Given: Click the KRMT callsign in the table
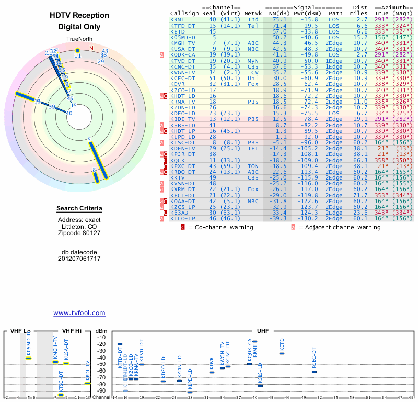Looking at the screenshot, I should [177, 19].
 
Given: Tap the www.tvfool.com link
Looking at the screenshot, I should [79, 313].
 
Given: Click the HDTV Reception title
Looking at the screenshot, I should [79, 15].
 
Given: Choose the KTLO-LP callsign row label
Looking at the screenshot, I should [182, 218].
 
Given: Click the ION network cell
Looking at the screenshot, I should [253, 166].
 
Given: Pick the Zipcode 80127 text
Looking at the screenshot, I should [79, 233].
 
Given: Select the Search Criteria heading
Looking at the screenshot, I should [79, 209].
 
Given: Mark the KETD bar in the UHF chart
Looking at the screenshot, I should [282, 353].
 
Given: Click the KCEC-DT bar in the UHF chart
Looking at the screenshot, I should [314, 372].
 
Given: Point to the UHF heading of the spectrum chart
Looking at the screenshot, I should [263, 331].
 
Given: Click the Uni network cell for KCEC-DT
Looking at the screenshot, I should [253, 78].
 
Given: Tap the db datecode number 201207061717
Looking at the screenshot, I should [79, 259].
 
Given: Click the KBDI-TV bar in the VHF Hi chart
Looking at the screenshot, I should [88, 384].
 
